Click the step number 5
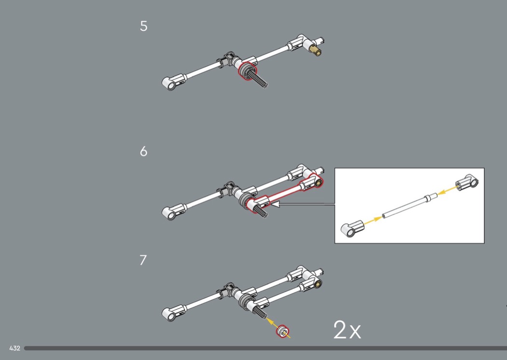click(143, 26)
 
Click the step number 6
click(143, 151)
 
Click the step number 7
click(143, 260)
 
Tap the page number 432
click(14, 348)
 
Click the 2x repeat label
click(347, 330)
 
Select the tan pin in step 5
click(315, 51)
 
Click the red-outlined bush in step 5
click(247, 71)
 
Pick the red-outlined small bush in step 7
click(282, 332)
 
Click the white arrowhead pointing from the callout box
click(275, 204)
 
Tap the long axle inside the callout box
click(409, 206)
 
